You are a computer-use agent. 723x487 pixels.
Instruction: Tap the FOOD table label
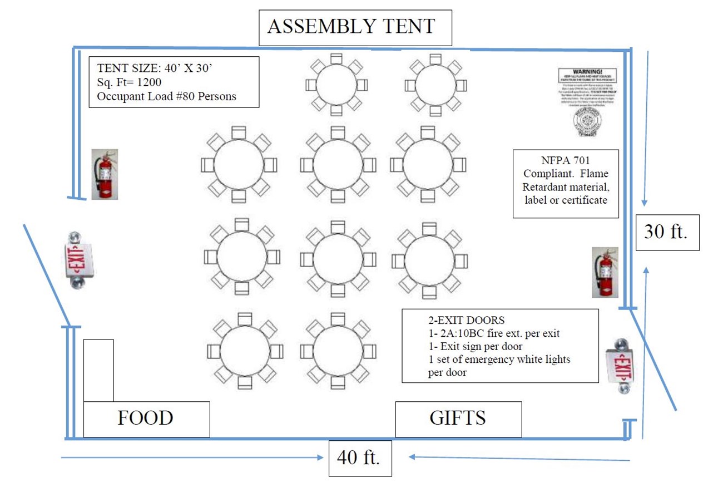click(146, 418)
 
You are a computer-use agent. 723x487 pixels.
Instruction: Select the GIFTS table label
click(458, 418)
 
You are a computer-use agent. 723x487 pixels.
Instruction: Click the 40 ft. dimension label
click(359, 458)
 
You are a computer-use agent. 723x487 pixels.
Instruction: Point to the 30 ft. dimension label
click(666, 232)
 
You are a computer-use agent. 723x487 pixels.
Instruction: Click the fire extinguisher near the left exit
click(105, 174)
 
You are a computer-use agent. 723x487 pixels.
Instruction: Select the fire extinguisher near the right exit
click(605, 272)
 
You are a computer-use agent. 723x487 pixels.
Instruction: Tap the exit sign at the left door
click(78, 259)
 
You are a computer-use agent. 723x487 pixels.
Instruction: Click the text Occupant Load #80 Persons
click(167, 96)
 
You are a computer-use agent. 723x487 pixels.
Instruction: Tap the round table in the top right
click(435, 85)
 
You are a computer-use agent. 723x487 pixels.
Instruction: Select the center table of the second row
click(338, 165)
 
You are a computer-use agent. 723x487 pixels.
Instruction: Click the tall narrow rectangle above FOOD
click(98, 370)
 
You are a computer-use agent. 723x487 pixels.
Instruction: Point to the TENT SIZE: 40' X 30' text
click(155, 69)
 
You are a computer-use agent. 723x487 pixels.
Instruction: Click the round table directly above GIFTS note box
click(429, 260)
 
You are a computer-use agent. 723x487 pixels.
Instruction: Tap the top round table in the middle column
click(336, 85)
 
